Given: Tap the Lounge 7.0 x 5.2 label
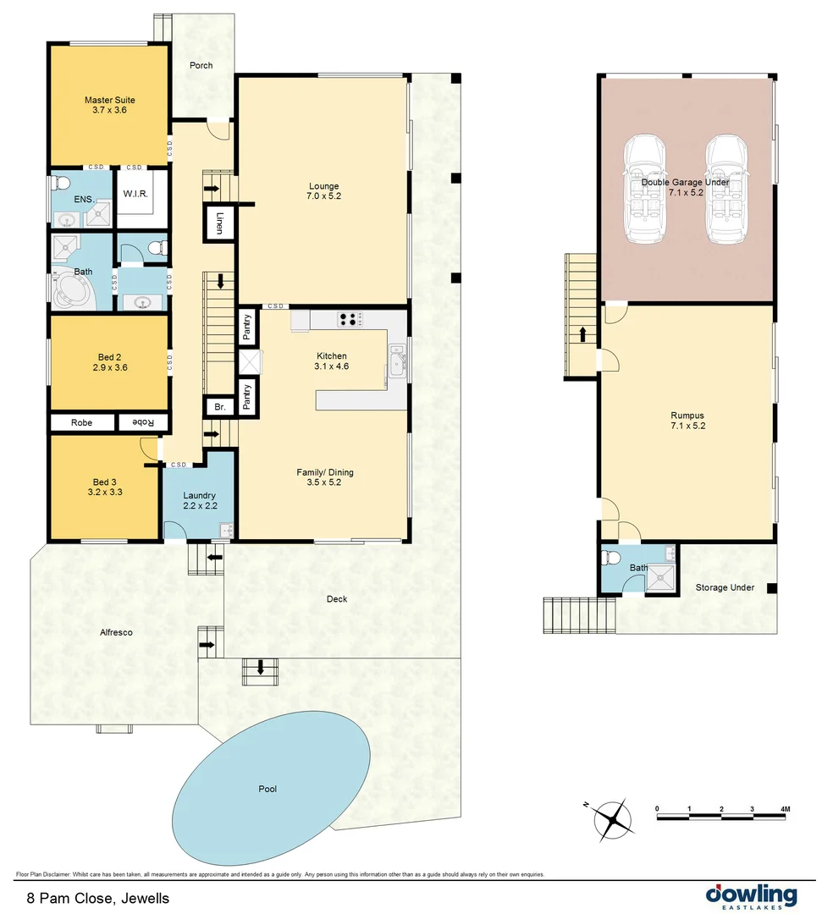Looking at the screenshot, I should click(x=323, y=191).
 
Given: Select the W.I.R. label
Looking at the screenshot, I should click(x=135, y=194).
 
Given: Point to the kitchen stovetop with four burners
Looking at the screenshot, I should click(x=348, y=319).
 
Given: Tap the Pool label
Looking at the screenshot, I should click(x=268, y=790).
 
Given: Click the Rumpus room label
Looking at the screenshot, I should click(x=687, y=421).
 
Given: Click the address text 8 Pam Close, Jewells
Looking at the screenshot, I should click(x=98, y=898).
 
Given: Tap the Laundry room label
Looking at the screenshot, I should click(x=200, y=500).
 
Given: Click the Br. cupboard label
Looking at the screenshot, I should click(x=219, y=407).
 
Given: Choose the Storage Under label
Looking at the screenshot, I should click(x=725, y=587).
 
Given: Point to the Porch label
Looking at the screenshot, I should click(x=201, y=65).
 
